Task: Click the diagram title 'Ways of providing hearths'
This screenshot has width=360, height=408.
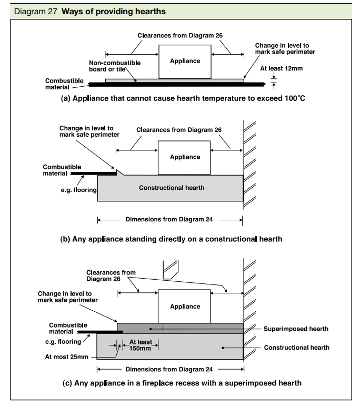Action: [x=114, y=12]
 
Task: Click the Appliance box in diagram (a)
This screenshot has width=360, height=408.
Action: [x=185, y=62]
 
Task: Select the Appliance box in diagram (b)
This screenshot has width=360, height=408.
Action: [x=184, y=158]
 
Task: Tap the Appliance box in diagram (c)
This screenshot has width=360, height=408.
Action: [x=184, y=306]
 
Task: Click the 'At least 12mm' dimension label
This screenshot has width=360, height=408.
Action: [x=282, y=68]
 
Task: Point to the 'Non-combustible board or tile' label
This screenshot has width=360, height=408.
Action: [x=115, y=66]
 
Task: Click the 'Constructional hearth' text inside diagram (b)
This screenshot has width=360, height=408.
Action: [x=172, y=188]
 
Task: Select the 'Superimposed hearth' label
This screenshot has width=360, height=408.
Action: [x=296, y=329]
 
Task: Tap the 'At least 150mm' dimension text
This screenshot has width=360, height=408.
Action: [x=141, y=345]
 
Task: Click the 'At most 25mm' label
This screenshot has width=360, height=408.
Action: [x=67, y=357]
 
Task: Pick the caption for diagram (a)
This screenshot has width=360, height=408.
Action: [x=183, y=98]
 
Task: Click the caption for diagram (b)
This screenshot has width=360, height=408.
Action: [x=171, y=239]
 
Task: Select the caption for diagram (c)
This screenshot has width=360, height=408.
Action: [x=182, y=383]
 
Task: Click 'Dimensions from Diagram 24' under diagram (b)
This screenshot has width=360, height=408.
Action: [x=169, y=219]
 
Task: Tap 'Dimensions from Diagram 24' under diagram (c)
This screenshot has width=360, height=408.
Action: [x=169, y=369]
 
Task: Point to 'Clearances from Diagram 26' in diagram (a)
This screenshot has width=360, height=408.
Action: [x=180, y=35]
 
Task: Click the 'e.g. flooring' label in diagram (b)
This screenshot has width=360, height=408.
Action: [x=78, y=190]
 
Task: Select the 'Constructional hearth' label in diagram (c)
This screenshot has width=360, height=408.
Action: [x=297, y=348]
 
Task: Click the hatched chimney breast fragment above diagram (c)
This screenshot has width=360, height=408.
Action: [x=171, y=269]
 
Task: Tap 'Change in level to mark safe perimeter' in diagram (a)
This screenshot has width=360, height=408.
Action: [x=285, y=49]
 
